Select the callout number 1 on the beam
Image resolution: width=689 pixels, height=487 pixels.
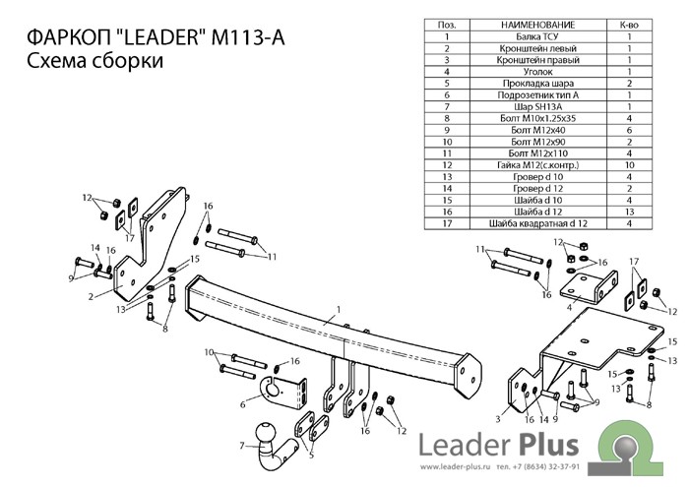point(338,310)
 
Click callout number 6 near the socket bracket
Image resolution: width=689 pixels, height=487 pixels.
point(242,403)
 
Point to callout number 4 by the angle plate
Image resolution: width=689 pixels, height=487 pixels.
point(568,307)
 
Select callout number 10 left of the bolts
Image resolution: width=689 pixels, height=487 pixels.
point(209,352)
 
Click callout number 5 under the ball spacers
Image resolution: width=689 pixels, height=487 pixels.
point(310,455)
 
